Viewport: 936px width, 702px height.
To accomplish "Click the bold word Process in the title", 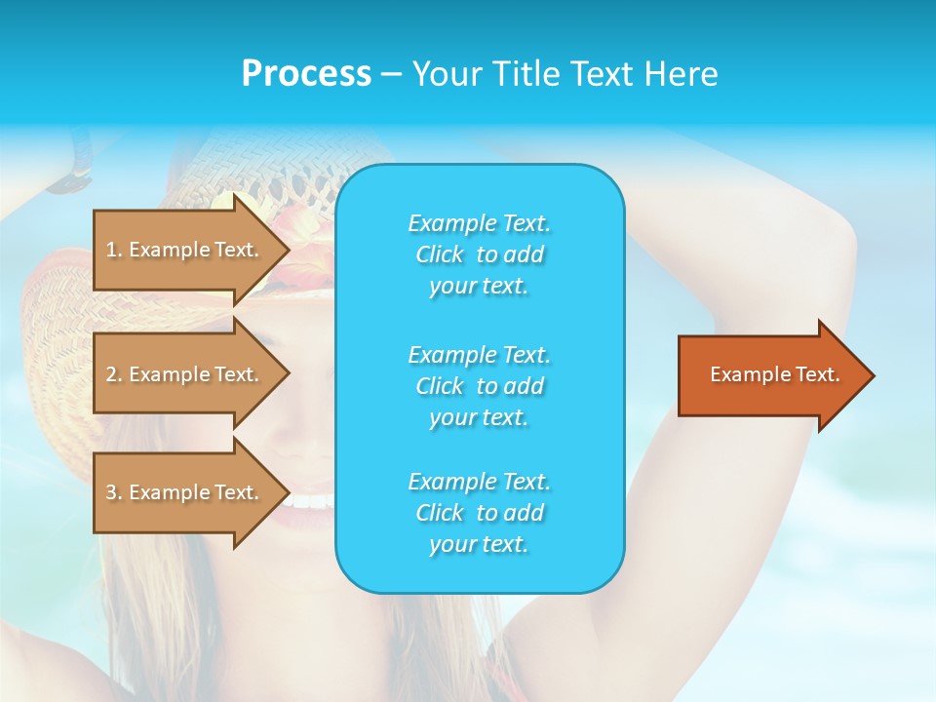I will click(x=306, y=74).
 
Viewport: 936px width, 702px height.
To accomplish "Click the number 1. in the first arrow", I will click(x=114, y=250).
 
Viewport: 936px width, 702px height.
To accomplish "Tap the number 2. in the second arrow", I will click(x=114, y=374).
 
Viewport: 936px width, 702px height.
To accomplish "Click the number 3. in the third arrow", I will click(x=114, y=492).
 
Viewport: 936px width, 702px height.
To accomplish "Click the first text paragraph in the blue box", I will click(x=479, y=254).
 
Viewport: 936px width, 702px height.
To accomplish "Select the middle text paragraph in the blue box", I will click(x=479, y=386).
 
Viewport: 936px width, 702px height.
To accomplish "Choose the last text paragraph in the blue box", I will click(x=479, y=513).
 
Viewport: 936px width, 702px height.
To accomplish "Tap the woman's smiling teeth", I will click(x=309, y=501).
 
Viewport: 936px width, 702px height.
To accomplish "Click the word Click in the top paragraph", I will click(x=440, y=254).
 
